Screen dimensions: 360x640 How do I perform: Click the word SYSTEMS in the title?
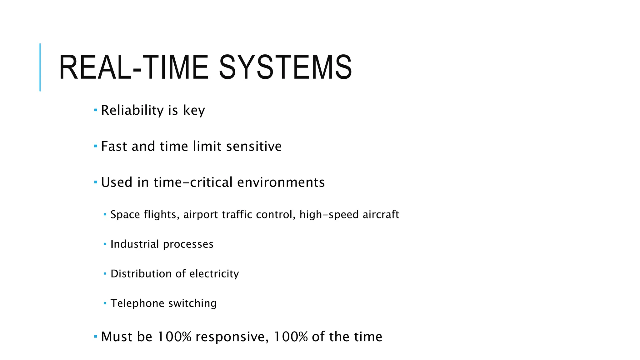tap(285, 67)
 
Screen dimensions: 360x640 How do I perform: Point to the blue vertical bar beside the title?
tap(40, 67)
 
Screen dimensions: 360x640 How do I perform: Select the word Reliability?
tap(132, 111)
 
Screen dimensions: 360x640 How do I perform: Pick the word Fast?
tap(114, 146)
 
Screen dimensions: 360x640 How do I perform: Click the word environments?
tap(281, 182)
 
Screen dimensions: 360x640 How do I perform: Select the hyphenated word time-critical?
tap(193, 182)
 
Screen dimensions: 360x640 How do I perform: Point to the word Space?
tap(125, 215)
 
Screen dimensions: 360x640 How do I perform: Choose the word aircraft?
tap(381, 215)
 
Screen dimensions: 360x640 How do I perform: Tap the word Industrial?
tap(135, 244)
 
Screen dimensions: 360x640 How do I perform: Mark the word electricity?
tap(214, 274)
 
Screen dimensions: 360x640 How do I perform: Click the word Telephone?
tap(137, 303)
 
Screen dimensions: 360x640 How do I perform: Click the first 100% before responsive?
tap(174, 337)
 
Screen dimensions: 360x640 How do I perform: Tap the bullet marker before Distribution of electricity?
tap(105, 274)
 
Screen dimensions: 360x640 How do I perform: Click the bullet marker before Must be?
tap(96, 337)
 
